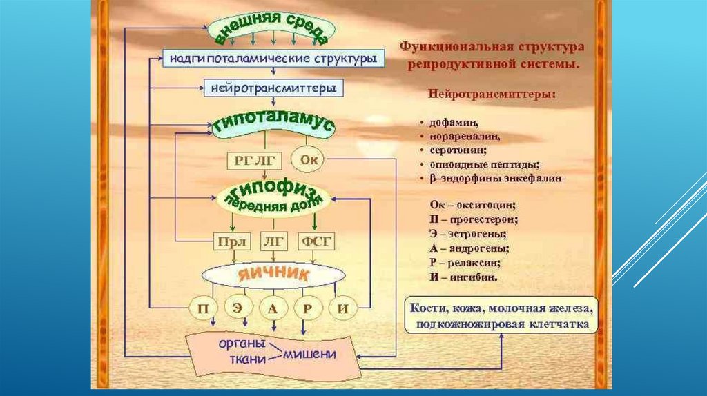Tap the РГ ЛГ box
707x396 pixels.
(255, 161)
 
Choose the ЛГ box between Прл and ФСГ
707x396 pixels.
(274, 242)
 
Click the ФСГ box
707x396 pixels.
(316, 242)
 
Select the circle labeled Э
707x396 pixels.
(237, 308)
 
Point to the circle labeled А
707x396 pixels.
(273, 308)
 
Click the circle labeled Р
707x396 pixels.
(308, 308)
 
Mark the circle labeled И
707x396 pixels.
(343, 308)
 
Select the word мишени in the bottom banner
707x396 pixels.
(309, 354)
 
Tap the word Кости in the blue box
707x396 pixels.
(429, 307)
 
